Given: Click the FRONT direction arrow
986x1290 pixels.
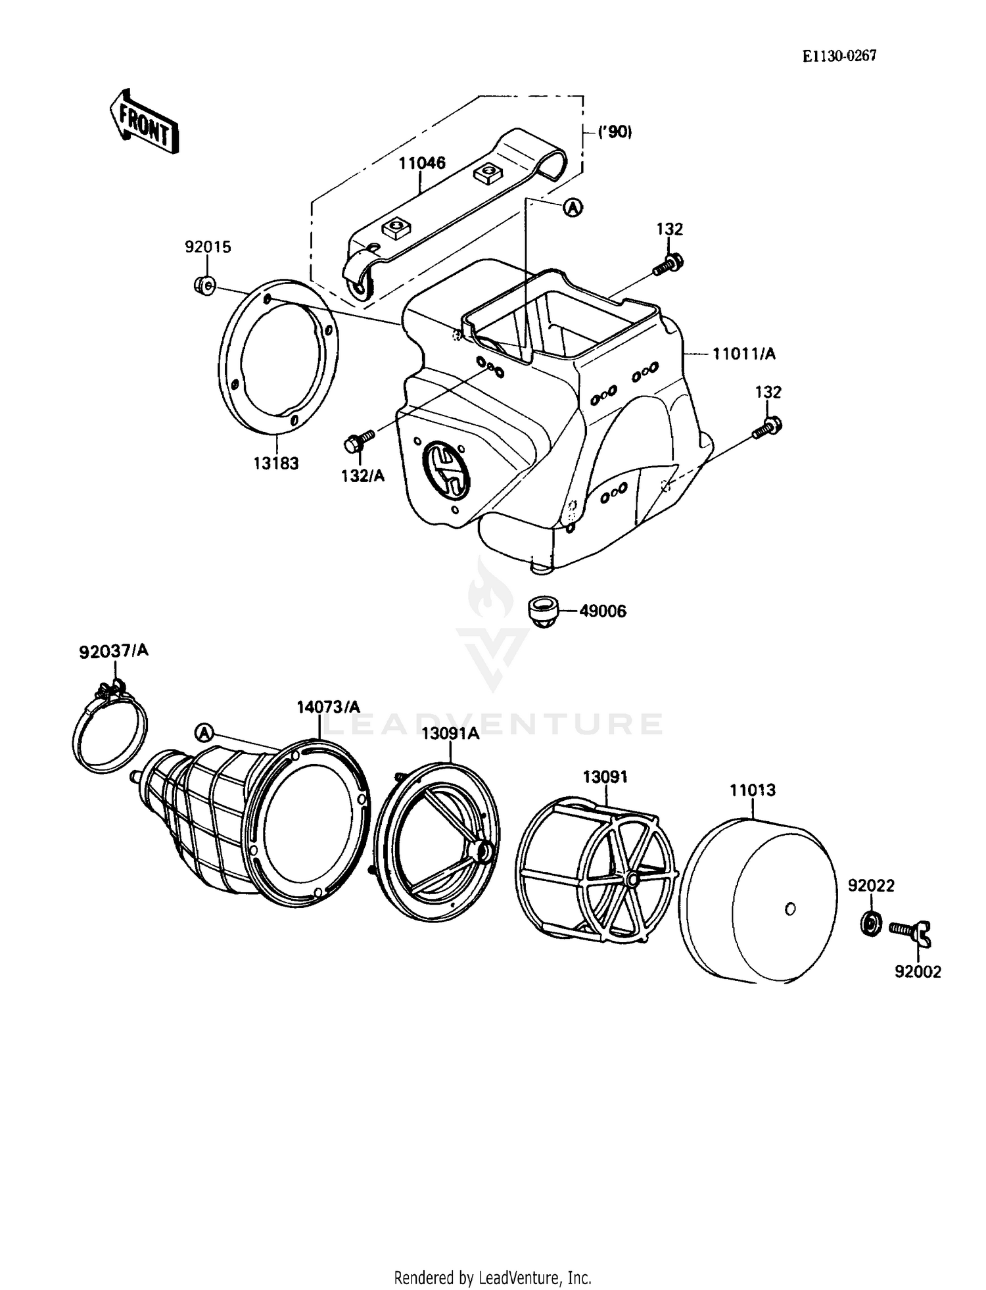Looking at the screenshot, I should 143,122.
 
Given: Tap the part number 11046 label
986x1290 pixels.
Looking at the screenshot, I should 421,162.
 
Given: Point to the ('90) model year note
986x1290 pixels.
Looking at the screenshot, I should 615,132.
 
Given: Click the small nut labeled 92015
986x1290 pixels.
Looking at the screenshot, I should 204,285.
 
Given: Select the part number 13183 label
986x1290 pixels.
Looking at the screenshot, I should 276,464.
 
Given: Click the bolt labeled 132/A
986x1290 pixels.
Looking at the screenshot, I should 358,442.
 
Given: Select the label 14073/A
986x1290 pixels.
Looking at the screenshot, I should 328,707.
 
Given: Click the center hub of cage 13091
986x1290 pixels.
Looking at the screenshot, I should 632,878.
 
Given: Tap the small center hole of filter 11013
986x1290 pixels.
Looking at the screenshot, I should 790,909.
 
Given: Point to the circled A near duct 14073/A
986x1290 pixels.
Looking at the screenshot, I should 204,732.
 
